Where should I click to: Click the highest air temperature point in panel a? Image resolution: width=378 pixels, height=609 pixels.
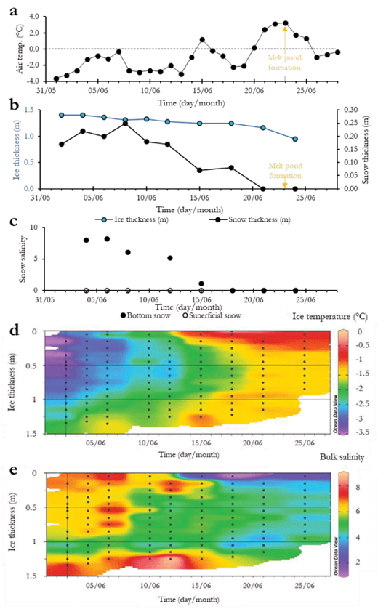click(286, 23)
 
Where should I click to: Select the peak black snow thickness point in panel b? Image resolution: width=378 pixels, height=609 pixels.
click(126, 124)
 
